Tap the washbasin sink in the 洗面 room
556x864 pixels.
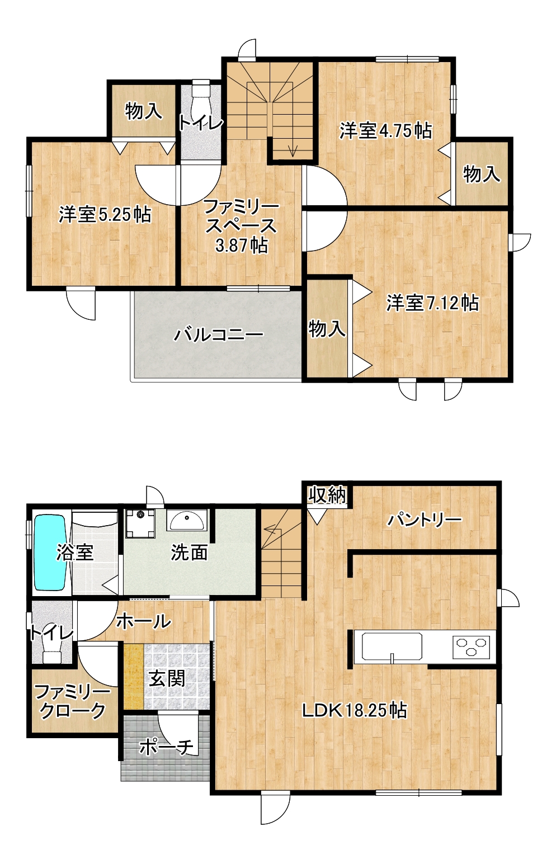(x=187, y=520)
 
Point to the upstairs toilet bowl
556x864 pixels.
(x=200, y=95)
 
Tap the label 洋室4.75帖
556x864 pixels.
(x=385, y=130)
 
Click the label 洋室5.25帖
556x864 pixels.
(x=105, y=214)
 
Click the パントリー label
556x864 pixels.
(x=425, y=520)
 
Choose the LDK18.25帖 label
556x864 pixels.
(x=354, y=710)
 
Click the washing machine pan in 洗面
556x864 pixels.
(x=140, y=523)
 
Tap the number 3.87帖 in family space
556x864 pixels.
(x=242, y=245)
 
